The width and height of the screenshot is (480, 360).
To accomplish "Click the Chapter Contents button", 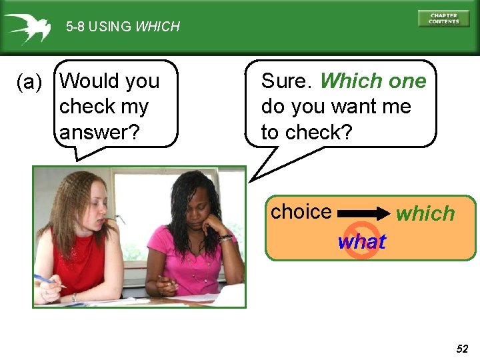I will point(443,18).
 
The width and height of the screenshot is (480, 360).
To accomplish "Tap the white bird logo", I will point(27,27).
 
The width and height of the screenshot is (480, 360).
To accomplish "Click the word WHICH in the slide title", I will point(157,27).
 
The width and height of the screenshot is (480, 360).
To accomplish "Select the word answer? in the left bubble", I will point(99,132).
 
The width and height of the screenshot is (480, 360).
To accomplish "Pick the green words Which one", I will point(373,81).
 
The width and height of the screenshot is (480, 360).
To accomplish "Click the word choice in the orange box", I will point(301,212).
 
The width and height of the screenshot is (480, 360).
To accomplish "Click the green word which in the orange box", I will point(425,213).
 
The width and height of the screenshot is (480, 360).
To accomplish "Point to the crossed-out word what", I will point(361,241).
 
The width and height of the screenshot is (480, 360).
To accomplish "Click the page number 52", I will point(462,349).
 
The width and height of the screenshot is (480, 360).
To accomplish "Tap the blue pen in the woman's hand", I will point(48,280).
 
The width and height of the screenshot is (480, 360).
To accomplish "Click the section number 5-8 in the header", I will point(75,27).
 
